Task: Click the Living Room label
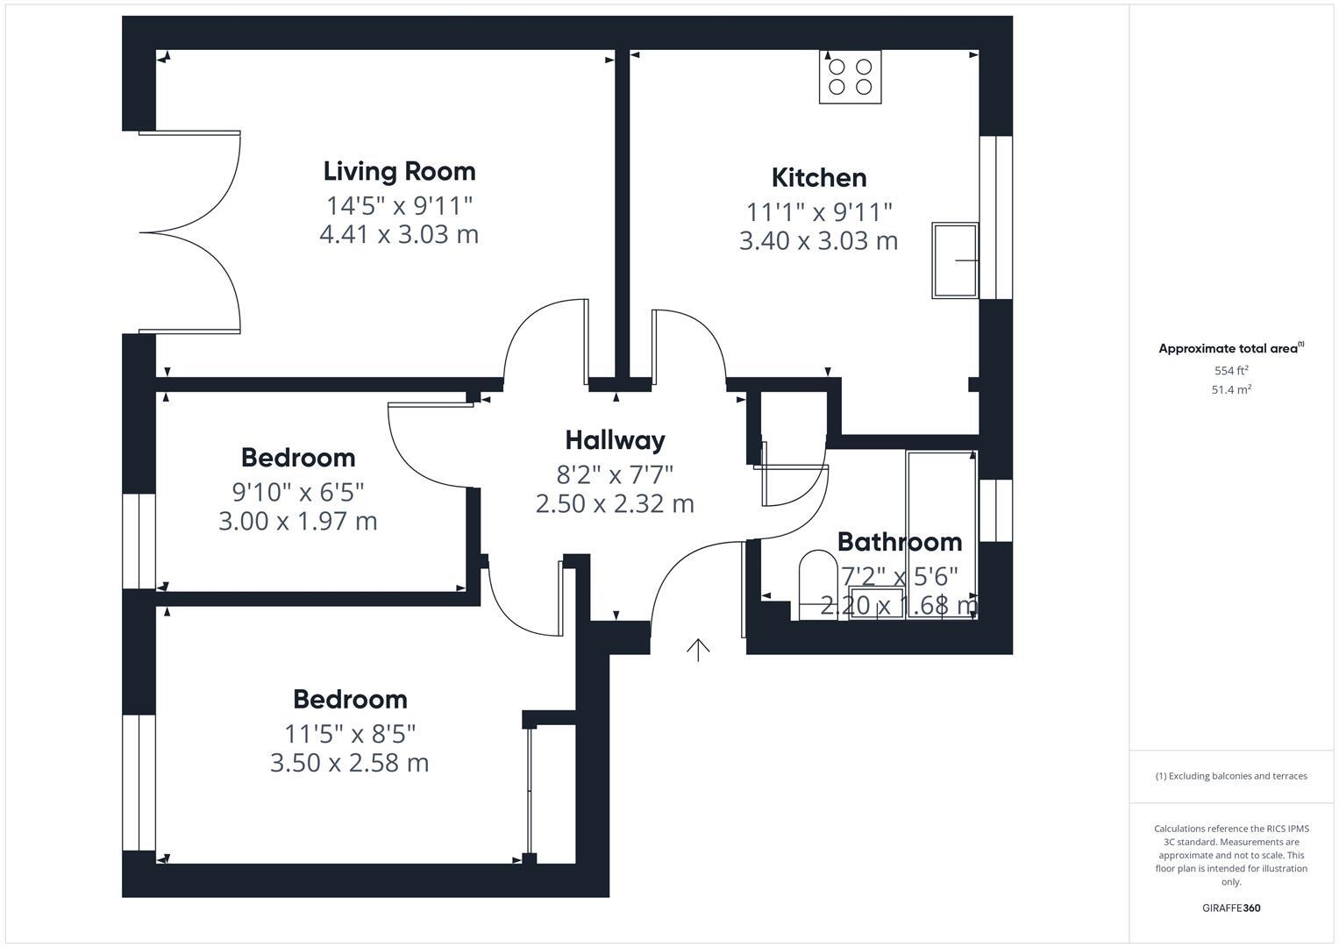coord(399,171)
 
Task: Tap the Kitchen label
coord(819,177)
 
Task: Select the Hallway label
coord(615,439)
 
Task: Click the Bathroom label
coord(899,541)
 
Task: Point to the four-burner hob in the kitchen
coord(850,77)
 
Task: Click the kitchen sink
coord(955,260)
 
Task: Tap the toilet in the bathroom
coord(817,583)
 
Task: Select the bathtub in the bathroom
coord(942,534)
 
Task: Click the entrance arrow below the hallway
coord(698,650)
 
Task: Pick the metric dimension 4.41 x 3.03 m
coord(399,235)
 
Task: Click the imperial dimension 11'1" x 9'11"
coord(819,212)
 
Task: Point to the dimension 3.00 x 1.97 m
coord(297,522)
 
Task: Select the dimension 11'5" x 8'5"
coord(350,733)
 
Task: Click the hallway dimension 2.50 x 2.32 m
coord(615,504)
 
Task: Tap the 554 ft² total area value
coord(1231,371)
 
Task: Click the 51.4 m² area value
coord(1231,390)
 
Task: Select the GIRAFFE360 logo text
coord(1231,908)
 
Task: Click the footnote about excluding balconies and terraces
coord(1231,776)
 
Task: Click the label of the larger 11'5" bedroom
coord(350,699)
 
